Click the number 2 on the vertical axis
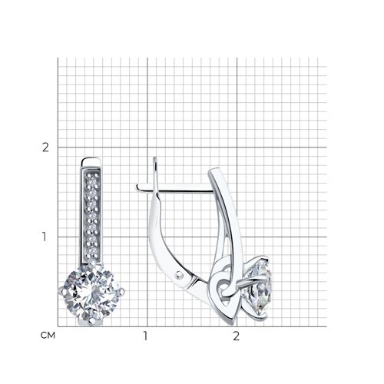coord(45,147)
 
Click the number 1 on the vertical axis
coord(45,237)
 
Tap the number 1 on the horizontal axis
coord(145,336)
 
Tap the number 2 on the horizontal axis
coord(236,336)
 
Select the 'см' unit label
coord(48,336)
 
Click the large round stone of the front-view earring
coord(91,293)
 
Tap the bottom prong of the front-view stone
coord(91,322)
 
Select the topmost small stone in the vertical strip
coord(91,176)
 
